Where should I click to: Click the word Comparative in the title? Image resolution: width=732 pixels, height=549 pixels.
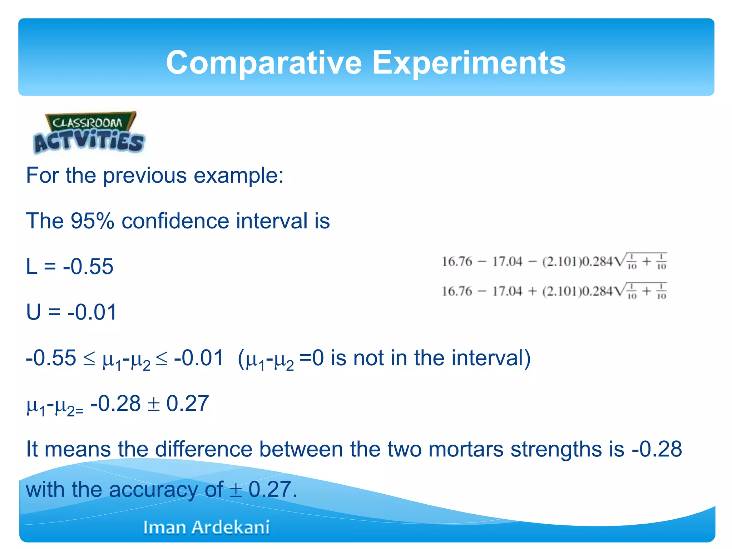coord(264,63)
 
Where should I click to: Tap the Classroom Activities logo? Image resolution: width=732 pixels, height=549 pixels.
coord(89,133)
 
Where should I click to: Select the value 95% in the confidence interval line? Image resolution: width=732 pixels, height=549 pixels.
coord(92,221)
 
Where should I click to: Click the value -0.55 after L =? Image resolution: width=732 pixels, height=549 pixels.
coord(88,266)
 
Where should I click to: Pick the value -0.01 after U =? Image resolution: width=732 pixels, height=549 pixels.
coord(92,312)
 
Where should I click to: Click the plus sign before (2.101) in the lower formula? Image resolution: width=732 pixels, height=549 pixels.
coord(532,292)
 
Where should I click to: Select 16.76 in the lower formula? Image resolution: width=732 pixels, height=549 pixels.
coord(457,291)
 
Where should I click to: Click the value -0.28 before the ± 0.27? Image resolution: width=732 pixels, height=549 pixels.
coord(115,404)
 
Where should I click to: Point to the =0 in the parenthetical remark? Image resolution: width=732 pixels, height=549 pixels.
coord(311,358)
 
